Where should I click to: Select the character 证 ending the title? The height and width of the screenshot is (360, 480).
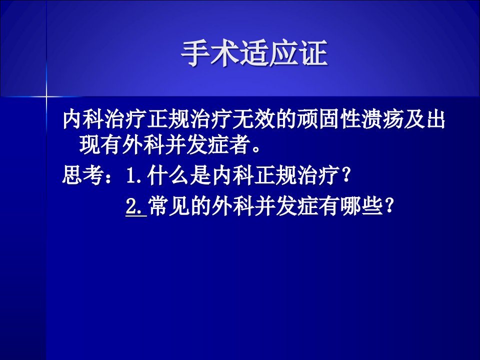point(314,54)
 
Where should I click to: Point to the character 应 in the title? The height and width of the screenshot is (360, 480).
point(284,54)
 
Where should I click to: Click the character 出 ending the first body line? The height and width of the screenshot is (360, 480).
point(434,119)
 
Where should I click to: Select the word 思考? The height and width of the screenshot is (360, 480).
point(82,175)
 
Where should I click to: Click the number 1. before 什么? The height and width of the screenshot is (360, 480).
point(134,175)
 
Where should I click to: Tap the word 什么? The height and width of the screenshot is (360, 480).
point(168,175)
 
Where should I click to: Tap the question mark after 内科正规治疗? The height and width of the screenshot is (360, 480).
point(346,175)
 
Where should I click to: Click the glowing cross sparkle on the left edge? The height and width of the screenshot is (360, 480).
point(47,96)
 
